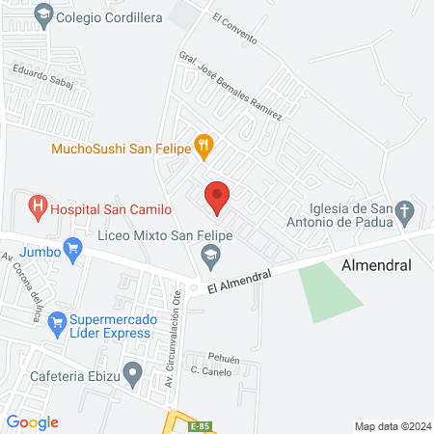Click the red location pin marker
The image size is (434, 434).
pos(217,197)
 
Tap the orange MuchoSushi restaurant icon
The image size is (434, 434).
pos(203,148)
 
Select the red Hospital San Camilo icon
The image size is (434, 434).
pos(38,206)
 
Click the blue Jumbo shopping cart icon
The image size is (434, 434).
pos(71,251)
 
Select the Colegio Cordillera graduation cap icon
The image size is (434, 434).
pos(41,15)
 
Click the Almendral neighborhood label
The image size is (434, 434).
pos(376,264)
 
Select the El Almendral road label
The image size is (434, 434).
pos(239,280)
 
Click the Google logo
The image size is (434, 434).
pos(33,421)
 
